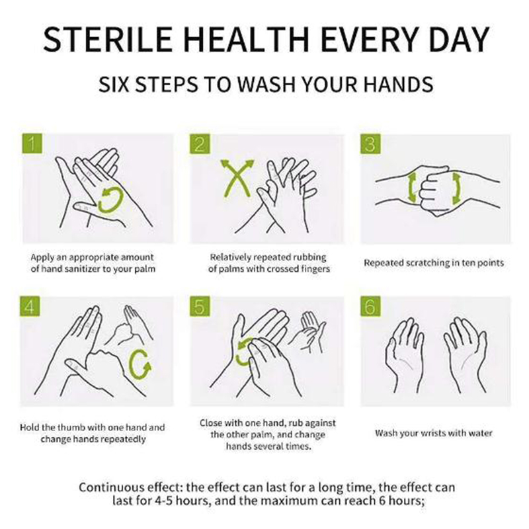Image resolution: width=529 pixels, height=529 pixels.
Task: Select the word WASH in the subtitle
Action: pos(266,85)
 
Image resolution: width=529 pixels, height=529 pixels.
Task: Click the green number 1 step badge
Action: pos(32,143)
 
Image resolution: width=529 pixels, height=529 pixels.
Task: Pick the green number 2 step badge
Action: pos(200,144)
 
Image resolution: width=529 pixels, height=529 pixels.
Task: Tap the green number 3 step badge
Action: pos(370,144)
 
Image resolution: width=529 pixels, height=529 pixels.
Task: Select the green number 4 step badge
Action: pos(30,306)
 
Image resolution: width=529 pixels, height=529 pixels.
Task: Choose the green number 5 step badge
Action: pos(200,306)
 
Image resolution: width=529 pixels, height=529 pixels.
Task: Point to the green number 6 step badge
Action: pos(370,306)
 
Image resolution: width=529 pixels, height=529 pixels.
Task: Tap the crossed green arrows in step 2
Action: pos(237,179)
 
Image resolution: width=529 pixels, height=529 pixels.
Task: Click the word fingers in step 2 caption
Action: pos(313,269)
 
